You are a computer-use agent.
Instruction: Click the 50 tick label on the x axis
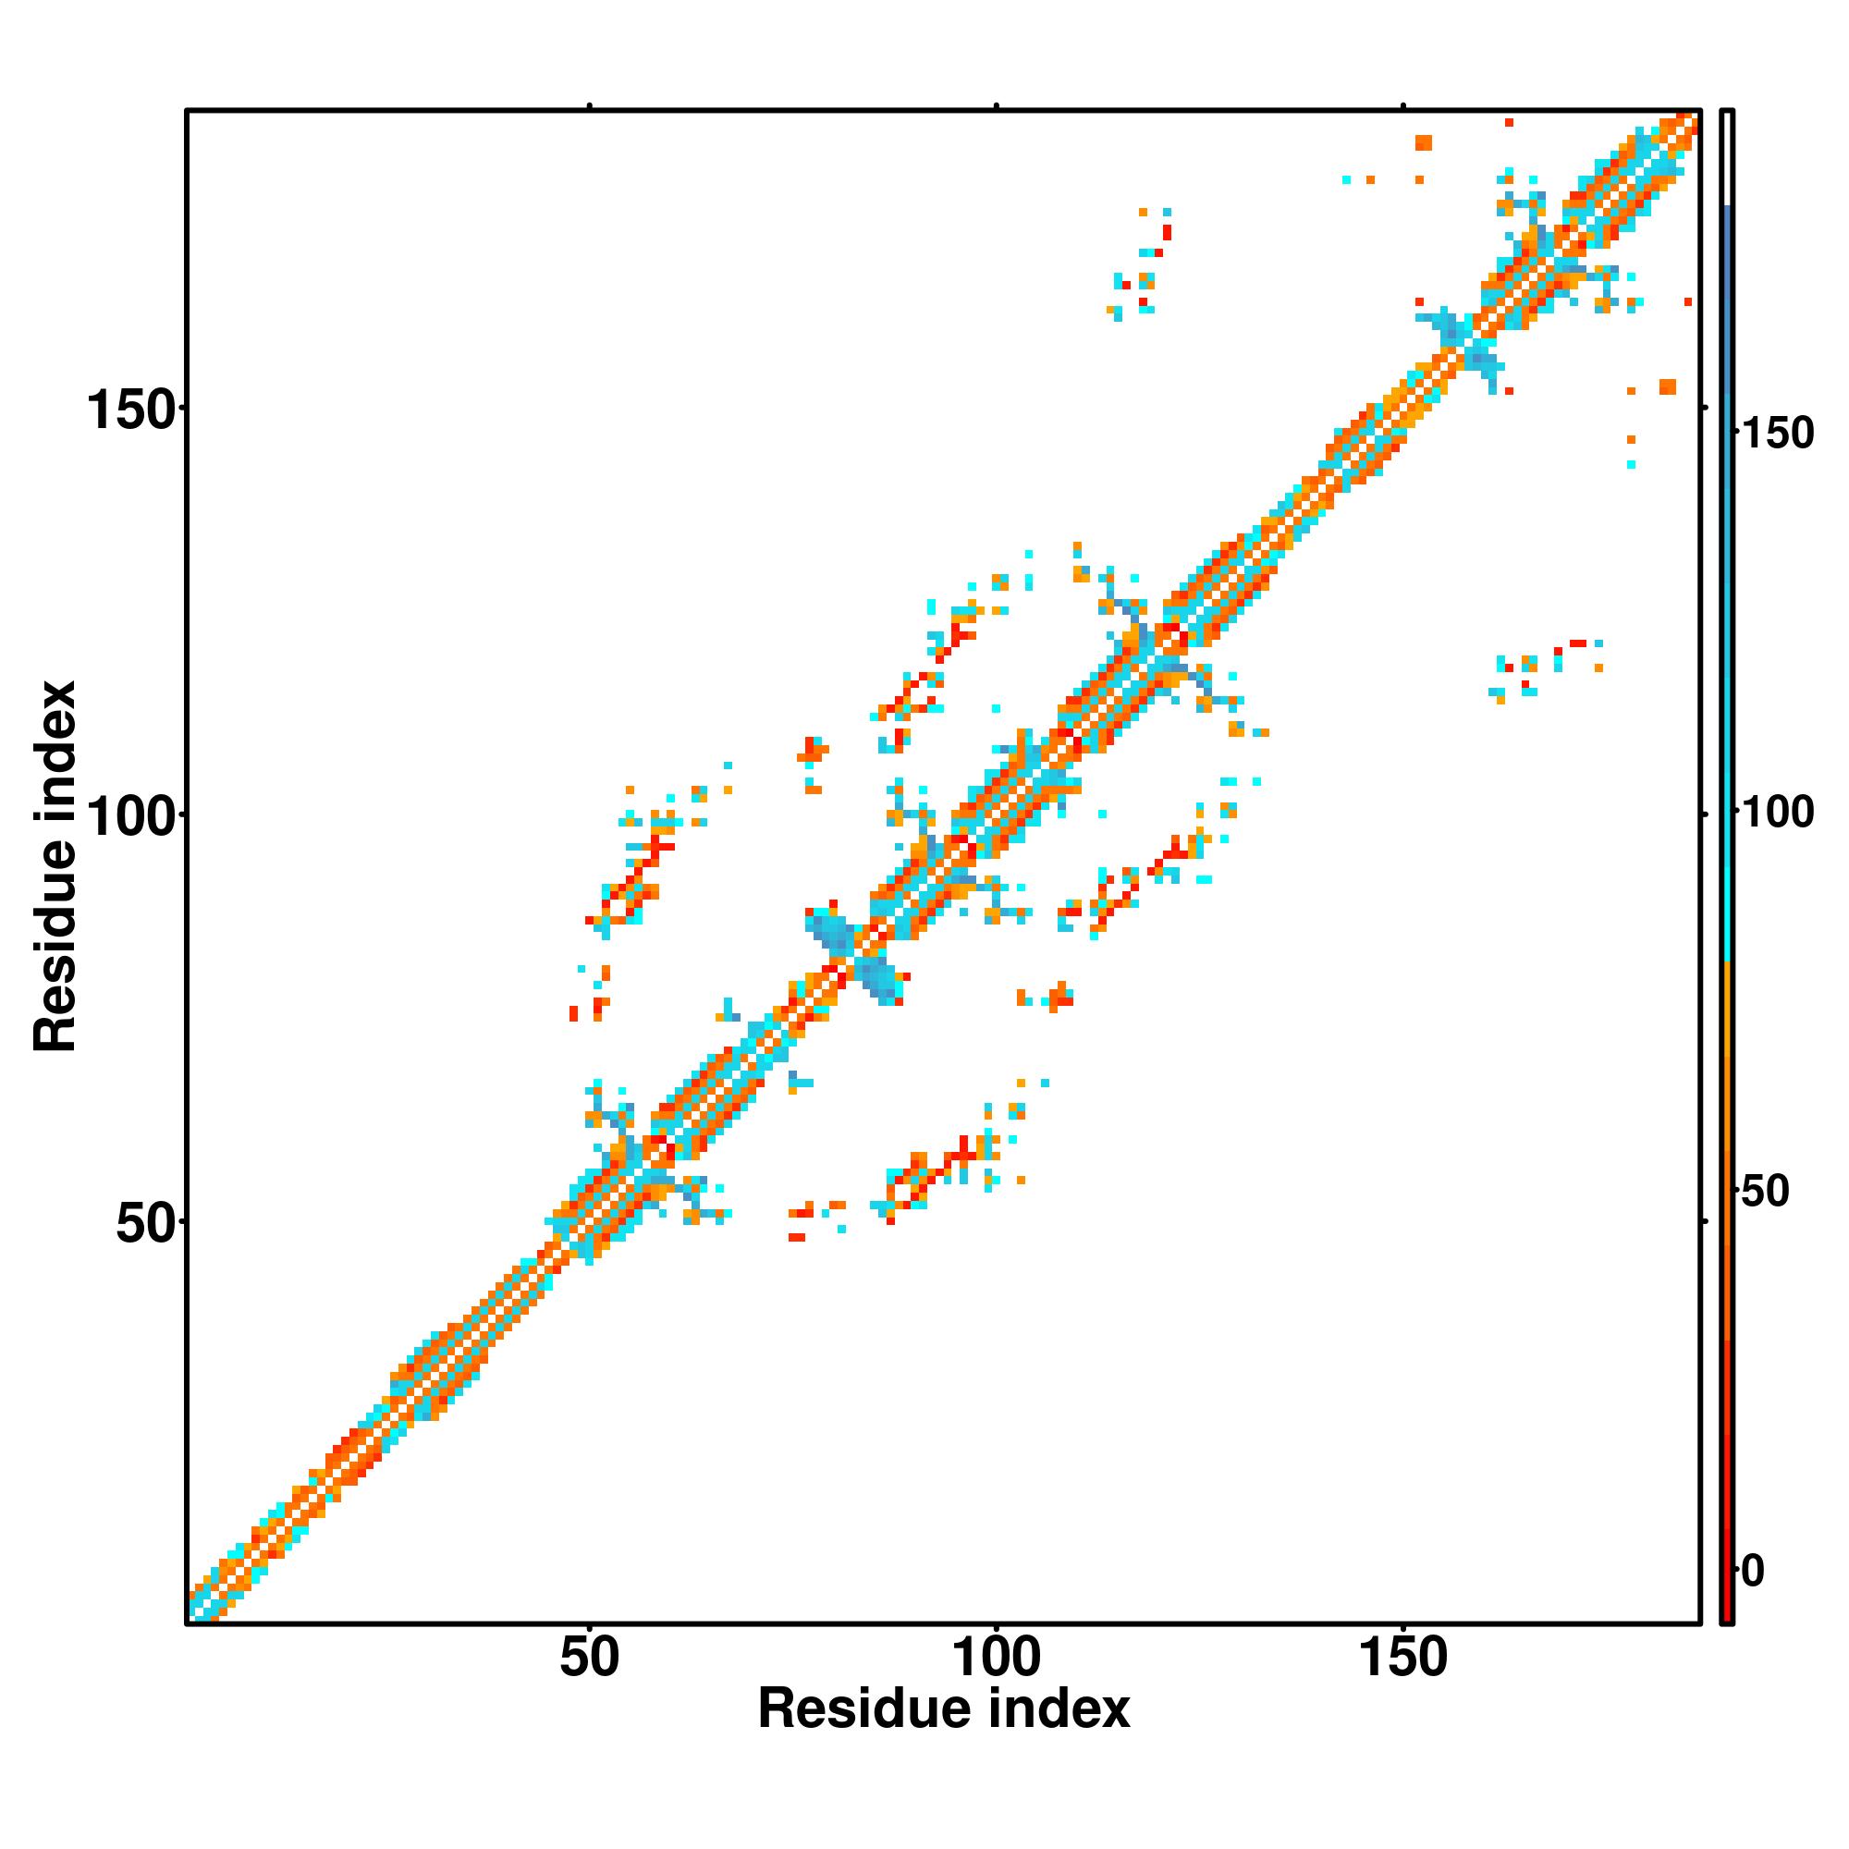[590, 1658]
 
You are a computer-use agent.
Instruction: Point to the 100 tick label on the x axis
[997, 1658]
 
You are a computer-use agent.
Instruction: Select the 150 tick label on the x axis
[1403, 1658]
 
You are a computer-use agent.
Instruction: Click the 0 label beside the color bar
[1753, 1572]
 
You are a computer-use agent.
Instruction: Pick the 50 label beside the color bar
[1765, 1192]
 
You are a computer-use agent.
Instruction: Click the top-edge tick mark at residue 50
[590, 106]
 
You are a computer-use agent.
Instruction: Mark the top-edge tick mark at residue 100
[997, 106]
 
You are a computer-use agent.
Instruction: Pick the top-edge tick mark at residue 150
[1403, 106]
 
